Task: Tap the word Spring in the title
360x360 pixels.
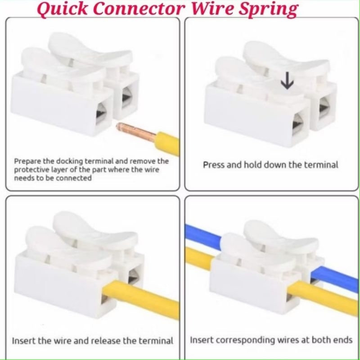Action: (x=268, y=9)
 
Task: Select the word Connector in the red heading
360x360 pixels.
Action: (x=139, y=9)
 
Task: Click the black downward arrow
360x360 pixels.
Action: (x=287, y=81)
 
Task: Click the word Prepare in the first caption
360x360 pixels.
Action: (x=27, y=162)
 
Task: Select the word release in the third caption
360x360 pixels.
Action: (x=105, y=341)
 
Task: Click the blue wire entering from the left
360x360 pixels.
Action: (x=202, y=233)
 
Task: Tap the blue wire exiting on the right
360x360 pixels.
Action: (x=334, y=279)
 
